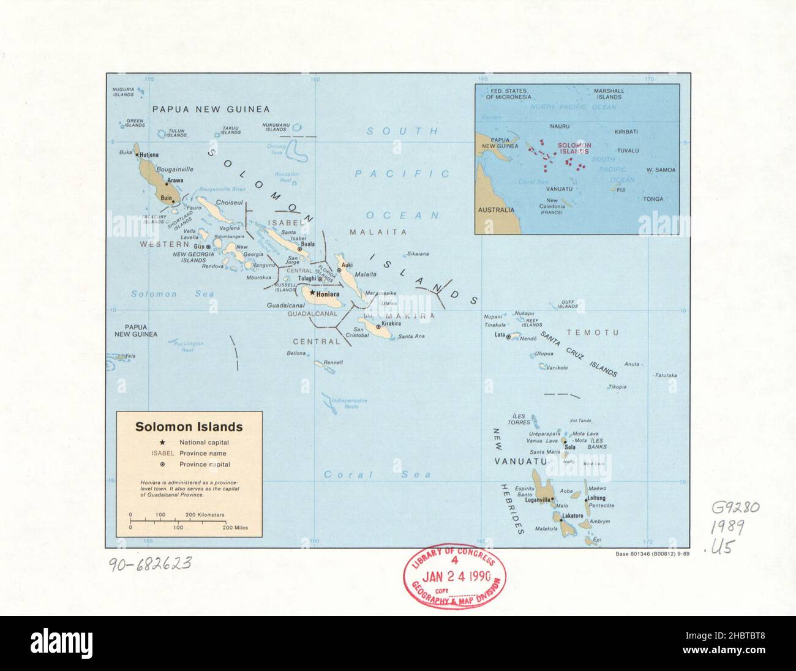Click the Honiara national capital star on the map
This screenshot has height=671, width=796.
click(x=312, y=293)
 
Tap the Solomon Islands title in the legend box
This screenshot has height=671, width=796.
click(x=189, y=427)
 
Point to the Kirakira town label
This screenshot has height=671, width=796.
click(x=391, y=323)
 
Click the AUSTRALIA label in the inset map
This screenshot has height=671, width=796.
click(x=496, y=209)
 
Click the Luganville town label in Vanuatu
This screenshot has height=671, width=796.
click(x=539, y=500)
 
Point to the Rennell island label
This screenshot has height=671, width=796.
click(x=333, y=362)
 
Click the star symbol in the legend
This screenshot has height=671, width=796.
click(x=162, y=442)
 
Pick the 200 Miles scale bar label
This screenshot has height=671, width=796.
click(x=235, y=527)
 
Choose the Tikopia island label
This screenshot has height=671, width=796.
click(x=617, y=387)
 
